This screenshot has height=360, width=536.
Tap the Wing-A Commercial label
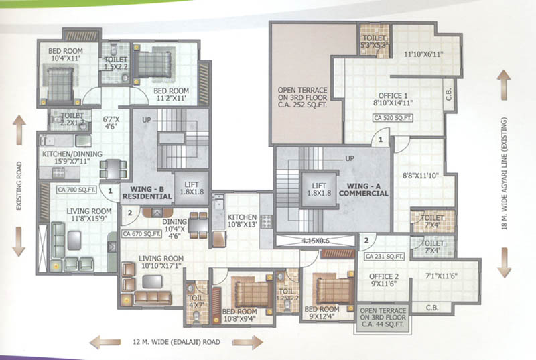364,188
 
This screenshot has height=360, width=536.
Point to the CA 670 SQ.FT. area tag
142,234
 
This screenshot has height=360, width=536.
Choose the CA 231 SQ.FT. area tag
383,256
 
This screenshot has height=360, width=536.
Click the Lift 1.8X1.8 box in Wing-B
190,187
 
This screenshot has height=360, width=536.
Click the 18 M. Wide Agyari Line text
515,174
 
